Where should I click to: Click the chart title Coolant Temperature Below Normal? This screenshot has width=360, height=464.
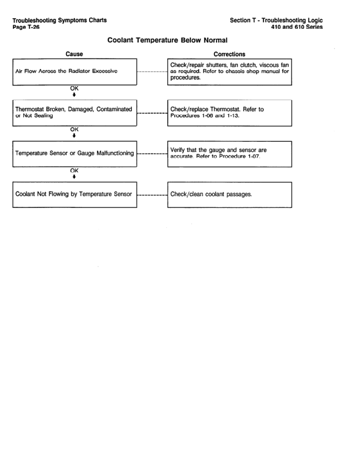coord(180,42)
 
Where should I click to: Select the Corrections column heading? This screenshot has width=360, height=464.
coord(229,53)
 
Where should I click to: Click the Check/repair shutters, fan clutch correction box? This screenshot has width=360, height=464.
coord(229,72)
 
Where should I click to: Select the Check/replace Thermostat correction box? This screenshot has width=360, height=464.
coord(229,113)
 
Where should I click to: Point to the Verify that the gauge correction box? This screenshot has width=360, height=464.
coord(229,153)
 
